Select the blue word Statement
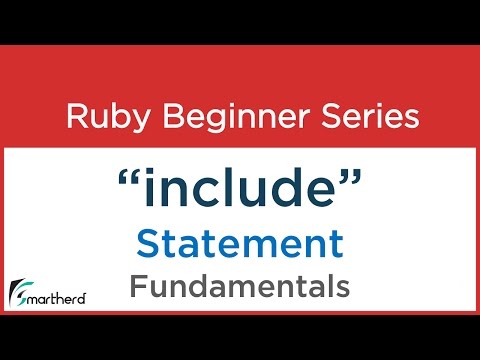240,243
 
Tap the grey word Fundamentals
240,287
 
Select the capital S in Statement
147,243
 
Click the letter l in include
230,188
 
